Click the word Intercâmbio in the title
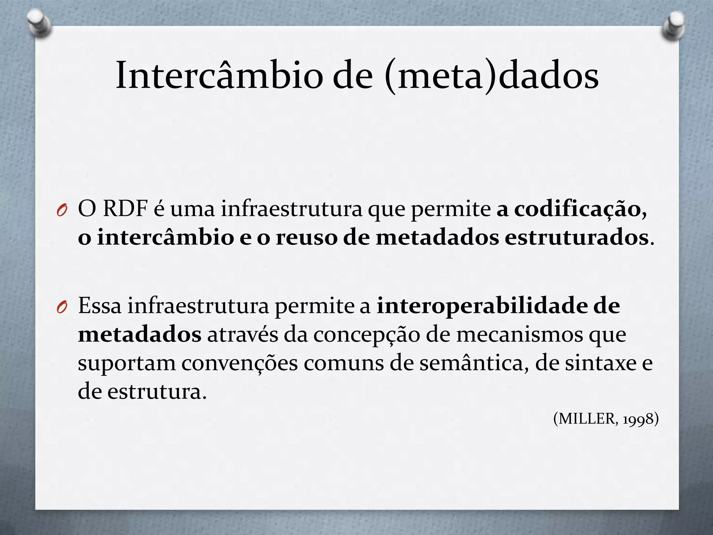point(219,76)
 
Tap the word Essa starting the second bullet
point(100,305)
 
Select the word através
point(243,334)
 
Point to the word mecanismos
point(519,334)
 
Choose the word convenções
point(240,364)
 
